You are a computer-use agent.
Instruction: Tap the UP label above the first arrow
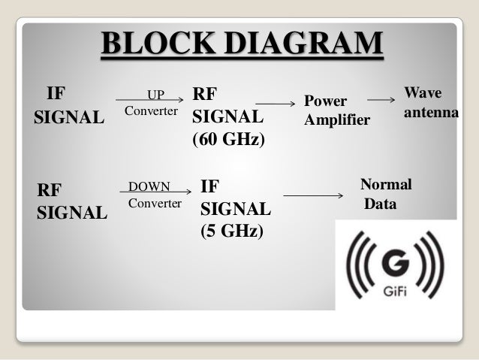[x=155, y=95]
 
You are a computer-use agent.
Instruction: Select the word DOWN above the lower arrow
[x=149, y=186]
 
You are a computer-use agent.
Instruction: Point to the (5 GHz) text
[x=232, y=231]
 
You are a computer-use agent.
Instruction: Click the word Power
[x=325, y=101]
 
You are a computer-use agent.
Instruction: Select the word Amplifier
[x=337, y=120]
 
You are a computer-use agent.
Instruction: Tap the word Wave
[x=423, y=92]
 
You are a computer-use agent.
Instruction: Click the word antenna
[x=431, y=112]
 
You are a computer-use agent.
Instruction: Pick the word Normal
[x=386, y=184]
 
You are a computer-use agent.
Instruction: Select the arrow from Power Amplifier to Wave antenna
[x=381, y=100]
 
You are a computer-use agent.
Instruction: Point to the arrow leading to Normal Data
[x=312, y=196]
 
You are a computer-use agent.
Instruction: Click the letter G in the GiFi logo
[x=396, y=268]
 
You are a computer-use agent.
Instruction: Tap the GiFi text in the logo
[x=395, y=293]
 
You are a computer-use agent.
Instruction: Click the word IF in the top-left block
[x=56, y=95]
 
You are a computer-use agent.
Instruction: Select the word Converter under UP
[x=151, y=111]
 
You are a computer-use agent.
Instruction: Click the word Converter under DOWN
[x=155, y=204]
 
